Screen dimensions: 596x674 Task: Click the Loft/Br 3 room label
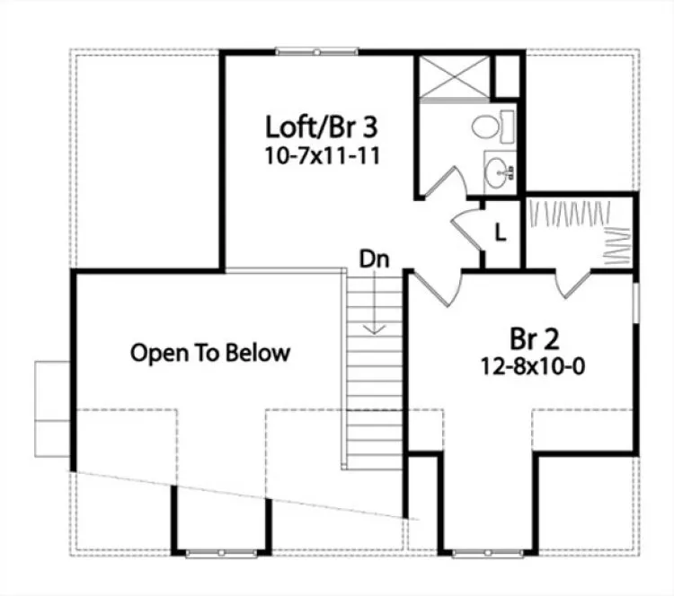click(x=315, y=125)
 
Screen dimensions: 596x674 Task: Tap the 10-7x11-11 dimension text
click(x=315, y=154)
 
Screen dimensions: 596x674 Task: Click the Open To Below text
click(x=210, y=353)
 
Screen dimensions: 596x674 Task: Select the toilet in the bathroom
click(x=490, y=127)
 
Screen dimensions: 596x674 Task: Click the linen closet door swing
click(x=467, y=229)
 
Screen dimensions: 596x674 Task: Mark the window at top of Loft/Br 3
click(x=299, y=52)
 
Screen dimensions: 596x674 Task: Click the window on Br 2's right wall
click(x=636, y=302)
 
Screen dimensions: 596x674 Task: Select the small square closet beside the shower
click(x=509, y=76)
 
